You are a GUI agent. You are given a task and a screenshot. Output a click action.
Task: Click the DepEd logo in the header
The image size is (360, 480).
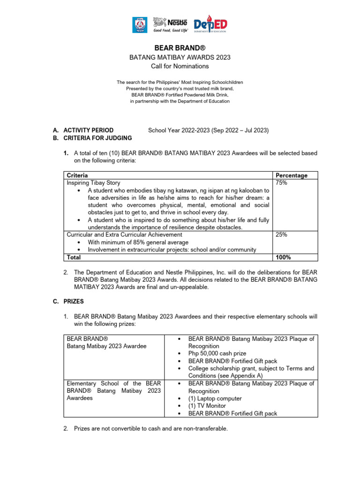click(211, 24)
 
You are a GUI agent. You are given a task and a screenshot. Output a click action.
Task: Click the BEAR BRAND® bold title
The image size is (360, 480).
click(180, 48)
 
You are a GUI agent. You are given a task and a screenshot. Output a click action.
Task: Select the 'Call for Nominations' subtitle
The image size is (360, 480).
click(180, 66)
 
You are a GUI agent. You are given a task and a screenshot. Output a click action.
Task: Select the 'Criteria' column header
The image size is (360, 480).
click(77, 175)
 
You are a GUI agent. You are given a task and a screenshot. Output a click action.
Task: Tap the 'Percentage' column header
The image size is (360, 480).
click(292, 175)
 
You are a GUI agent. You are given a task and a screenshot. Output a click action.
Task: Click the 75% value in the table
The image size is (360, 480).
click(282, 182)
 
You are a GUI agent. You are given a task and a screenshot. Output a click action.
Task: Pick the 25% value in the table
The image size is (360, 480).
click(282, 234)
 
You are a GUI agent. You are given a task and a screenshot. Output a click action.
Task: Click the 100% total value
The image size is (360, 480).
click(283, 257)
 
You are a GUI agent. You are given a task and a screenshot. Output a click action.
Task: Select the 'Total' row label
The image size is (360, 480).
click(74, 257)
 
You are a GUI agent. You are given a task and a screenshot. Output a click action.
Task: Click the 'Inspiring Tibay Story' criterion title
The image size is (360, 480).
click(94, 182)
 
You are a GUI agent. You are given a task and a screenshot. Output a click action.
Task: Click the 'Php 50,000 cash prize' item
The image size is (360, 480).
click(217, 353)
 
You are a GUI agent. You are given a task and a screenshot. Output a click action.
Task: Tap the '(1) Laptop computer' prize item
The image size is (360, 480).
click(215, 398)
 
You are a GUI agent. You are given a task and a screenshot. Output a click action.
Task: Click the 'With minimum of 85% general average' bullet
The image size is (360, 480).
click(138, 242)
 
